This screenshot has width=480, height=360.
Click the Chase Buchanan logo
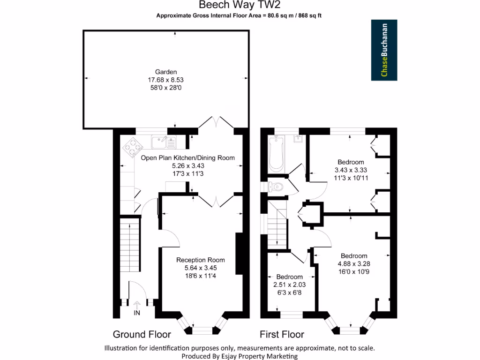click(384, 50)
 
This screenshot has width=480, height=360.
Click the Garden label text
click(166, 72)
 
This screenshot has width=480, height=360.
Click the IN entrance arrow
click(137, 307)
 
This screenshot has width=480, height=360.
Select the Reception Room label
click(200, 260)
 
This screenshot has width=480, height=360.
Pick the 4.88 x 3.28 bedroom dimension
click(354, 264)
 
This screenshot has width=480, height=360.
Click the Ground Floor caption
click(142, 334)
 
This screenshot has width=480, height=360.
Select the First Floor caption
click(282, 334)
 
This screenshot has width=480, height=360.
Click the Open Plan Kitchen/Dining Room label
click(187, 158)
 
